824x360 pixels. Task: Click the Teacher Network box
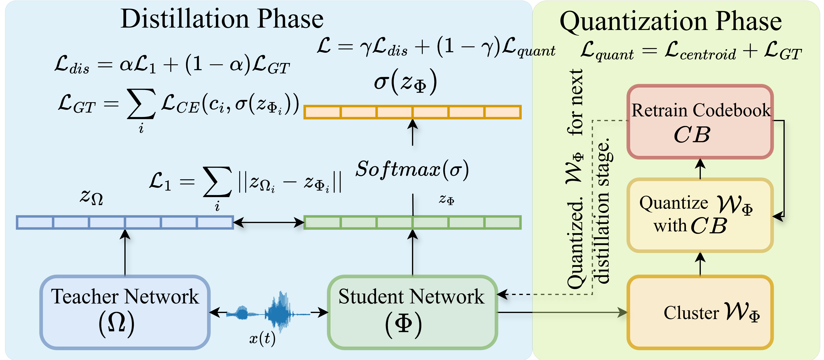125,312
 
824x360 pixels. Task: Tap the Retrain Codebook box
700,122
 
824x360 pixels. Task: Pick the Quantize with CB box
700,215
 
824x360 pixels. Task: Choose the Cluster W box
700,312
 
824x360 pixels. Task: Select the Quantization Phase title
671,21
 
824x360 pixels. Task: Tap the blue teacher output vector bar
125,222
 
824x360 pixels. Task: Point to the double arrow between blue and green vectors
269,222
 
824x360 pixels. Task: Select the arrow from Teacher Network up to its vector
125,253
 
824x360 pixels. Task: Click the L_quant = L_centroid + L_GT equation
691,51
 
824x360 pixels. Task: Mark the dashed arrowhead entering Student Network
502,294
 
